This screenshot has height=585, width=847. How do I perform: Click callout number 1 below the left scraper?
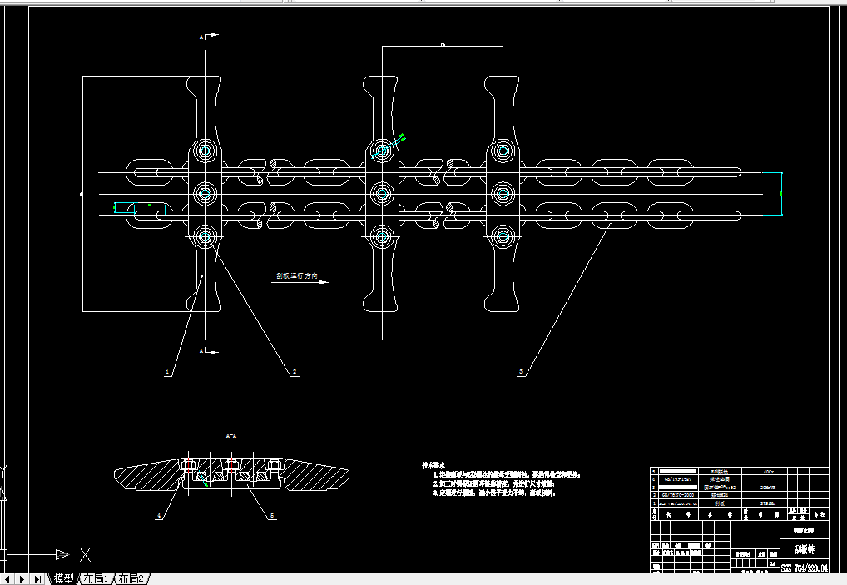click(x=167, y=373)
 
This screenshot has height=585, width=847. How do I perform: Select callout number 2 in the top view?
click(x=295, y=373)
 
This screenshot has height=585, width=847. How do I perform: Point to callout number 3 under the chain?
click(x=521, y=373)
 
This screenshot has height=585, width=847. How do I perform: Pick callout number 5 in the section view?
click(x=271, y=516)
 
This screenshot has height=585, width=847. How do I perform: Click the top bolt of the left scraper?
click(x=205, y=151)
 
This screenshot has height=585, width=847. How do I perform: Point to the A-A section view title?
click(x=231, y=435)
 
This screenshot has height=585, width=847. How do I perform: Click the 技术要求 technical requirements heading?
click(x=434, y=464)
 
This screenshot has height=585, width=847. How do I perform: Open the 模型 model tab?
click(x=64, y=578)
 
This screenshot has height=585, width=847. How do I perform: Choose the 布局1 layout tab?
click(x=96, y=578)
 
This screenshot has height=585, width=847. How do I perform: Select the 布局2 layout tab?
click(x=131, y=578)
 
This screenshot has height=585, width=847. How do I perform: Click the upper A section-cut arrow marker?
click(x=208, y=36)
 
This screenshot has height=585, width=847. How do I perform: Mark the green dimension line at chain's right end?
click(x=782, y=193)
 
